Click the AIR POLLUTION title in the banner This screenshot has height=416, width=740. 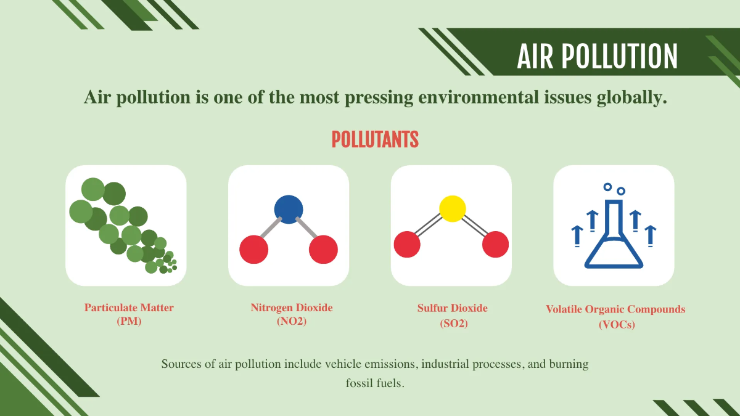tap(597, 56)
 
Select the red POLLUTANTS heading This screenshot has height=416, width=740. tap(375, 140)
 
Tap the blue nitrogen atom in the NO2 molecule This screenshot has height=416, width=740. tap(289, 209)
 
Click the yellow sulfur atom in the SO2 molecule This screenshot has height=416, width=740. tap(452, 209)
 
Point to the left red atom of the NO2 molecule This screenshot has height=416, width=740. tap(253, 250)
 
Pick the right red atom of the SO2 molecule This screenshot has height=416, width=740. tap(495, 245)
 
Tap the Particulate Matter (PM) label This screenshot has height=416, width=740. tap(129, 314)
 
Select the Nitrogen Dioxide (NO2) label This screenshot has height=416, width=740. tap(292, 314)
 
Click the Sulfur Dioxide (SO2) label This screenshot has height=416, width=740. tap(453, 314)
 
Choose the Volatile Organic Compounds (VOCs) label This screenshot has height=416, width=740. tap(615, 316)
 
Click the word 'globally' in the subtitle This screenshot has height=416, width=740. tap(632, 97)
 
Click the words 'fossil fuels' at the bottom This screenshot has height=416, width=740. tap(375, 383)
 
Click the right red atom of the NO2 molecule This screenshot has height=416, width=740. tap(323, 250)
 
